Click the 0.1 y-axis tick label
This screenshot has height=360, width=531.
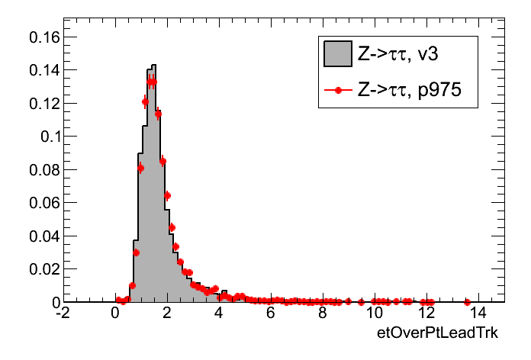47,137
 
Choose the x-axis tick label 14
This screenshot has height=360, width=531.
478,313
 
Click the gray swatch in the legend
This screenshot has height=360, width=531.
337,53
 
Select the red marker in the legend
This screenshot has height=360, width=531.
337,91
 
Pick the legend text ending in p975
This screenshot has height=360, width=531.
417,91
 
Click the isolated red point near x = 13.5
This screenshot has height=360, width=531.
467,302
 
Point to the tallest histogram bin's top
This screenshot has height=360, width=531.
153,66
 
